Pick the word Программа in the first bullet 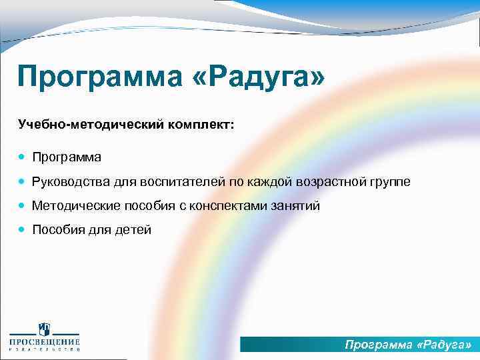(x=67, y=157)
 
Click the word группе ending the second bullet (x=389, y=182)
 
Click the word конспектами (x=230, y=206)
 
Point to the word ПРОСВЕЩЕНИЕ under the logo (x=44, y=343)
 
